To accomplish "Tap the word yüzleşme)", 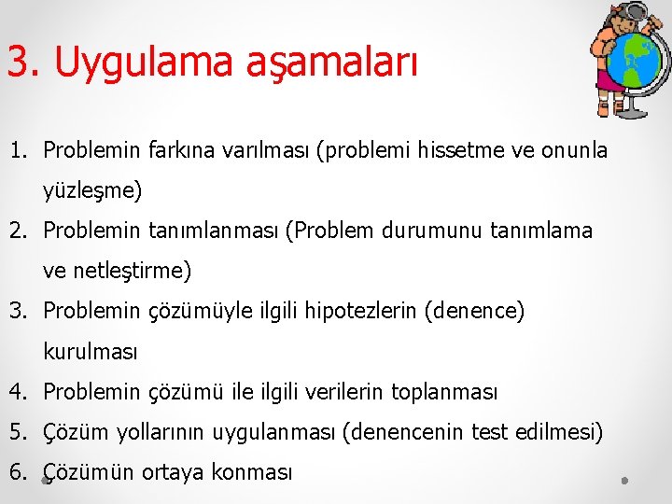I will point(92,191).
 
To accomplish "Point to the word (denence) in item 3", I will point(474,311).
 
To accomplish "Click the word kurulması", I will point(91,352).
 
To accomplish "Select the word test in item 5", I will point(489,432).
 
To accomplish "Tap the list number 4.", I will point(18,392).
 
